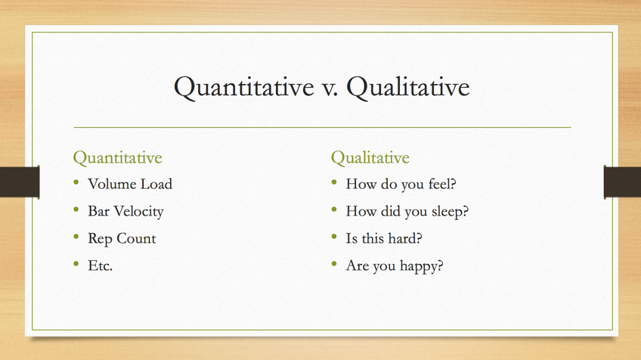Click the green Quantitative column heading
click(117, 158)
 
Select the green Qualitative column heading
click(370, 158)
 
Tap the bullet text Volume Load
click(130, 184)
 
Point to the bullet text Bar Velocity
click(125, 212)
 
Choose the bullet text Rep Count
click(122, 239)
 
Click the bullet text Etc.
click(100, 266)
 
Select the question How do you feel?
click(401, 184)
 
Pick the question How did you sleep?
click(407, 212)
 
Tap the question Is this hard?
click(384, 238)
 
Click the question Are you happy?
click(395, 266)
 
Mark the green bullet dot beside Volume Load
click(76, 182)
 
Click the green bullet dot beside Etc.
click(76, 264)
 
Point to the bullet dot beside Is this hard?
click(334, 237)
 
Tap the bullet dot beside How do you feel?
click(334, 182)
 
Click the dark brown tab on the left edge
click(20, 182)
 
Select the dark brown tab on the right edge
click(622, 182)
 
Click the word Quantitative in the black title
click(244, 88)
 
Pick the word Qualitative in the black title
click(408, 88)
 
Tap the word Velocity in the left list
click(138, 212)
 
